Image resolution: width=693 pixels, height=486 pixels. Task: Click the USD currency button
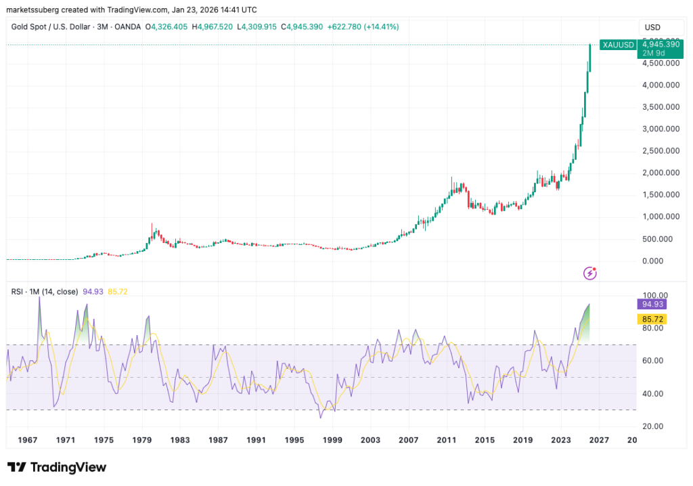[653, 27]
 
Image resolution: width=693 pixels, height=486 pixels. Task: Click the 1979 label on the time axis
[143, 440]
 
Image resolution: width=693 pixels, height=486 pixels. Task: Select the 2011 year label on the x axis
[446, 440]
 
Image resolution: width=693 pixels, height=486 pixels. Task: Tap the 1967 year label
[28, 440]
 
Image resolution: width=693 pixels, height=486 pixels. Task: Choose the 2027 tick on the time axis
[598, 440]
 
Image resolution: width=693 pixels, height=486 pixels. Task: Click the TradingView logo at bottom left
[57, 468]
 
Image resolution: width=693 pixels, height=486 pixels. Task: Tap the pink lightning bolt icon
[590, 273]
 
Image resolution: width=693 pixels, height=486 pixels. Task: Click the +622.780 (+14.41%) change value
[362, 27]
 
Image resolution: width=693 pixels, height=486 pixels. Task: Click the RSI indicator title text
[45, 292]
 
